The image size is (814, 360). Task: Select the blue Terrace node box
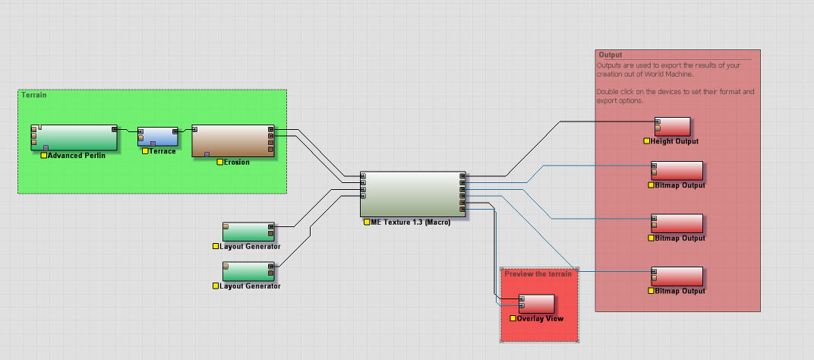pos(158,136)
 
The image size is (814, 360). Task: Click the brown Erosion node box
pos(232,141)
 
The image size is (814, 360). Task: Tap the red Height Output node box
pos(672,126)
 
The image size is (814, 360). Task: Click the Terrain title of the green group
pos(33,95)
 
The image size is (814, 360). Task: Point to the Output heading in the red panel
pos(610,55)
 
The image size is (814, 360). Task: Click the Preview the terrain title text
pos(538,274)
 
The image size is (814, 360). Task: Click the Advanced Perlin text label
pos(77,156)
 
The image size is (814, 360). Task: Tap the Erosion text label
pos(237,162)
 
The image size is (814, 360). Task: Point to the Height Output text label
pos(675,141)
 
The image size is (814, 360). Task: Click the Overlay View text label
pos(541,318)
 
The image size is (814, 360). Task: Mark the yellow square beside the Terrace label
pos(144,151)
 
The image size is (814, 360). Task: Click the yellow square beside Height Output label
pos(647,141)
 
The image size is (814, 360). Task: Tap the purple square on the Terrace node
pos(153,144)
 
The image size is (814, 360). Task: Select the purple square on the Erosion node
pos(207,154)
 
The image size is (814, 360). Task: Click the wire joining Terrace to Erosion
pos(185,131)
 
